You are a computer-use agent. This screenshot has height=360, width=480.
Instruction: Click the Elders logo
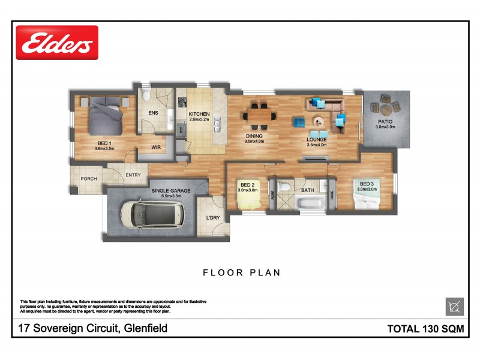(57, 43)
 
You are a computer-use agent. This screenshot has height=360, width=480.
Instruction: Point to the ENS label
(153, 113)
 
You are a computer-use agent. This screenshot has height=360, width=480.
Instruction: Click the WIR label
(155, 146)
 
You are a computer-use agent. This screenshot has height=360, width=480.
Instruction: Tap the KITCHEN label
(199, 114)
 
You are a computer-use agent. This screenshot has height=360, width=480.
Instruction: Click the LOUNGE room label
(316, 140)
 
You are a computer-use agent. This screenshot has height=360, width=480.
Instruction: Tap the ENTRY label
(133, 176)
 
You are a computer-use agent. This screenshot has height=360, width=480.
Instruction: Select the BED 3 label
(367, 184)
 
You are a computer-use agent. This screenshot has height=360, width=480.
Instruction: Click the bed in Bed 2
(248, 199)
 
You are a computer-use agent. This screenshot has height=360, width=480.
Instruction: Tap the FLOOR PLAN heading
(242, 272)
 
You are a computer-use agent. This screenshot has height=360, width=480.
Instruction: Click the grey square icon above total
(454, 307)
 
